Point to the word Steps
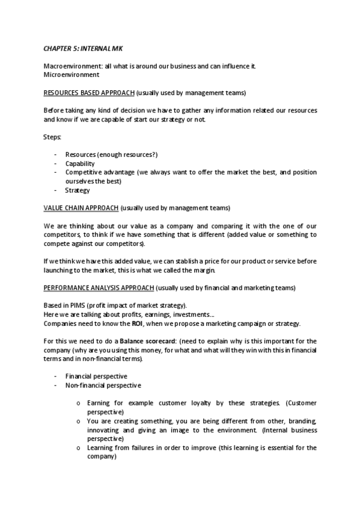point(52,137)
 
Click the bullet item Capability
point(80,164)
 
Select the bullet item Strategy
point(78,191)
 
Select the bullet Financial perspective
point(96,376)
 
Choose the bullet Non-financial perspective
point(103,385)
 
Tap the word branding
point(301,421)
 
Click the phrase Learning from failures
point(122,448)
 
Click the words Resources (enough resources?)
point(111,155)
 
